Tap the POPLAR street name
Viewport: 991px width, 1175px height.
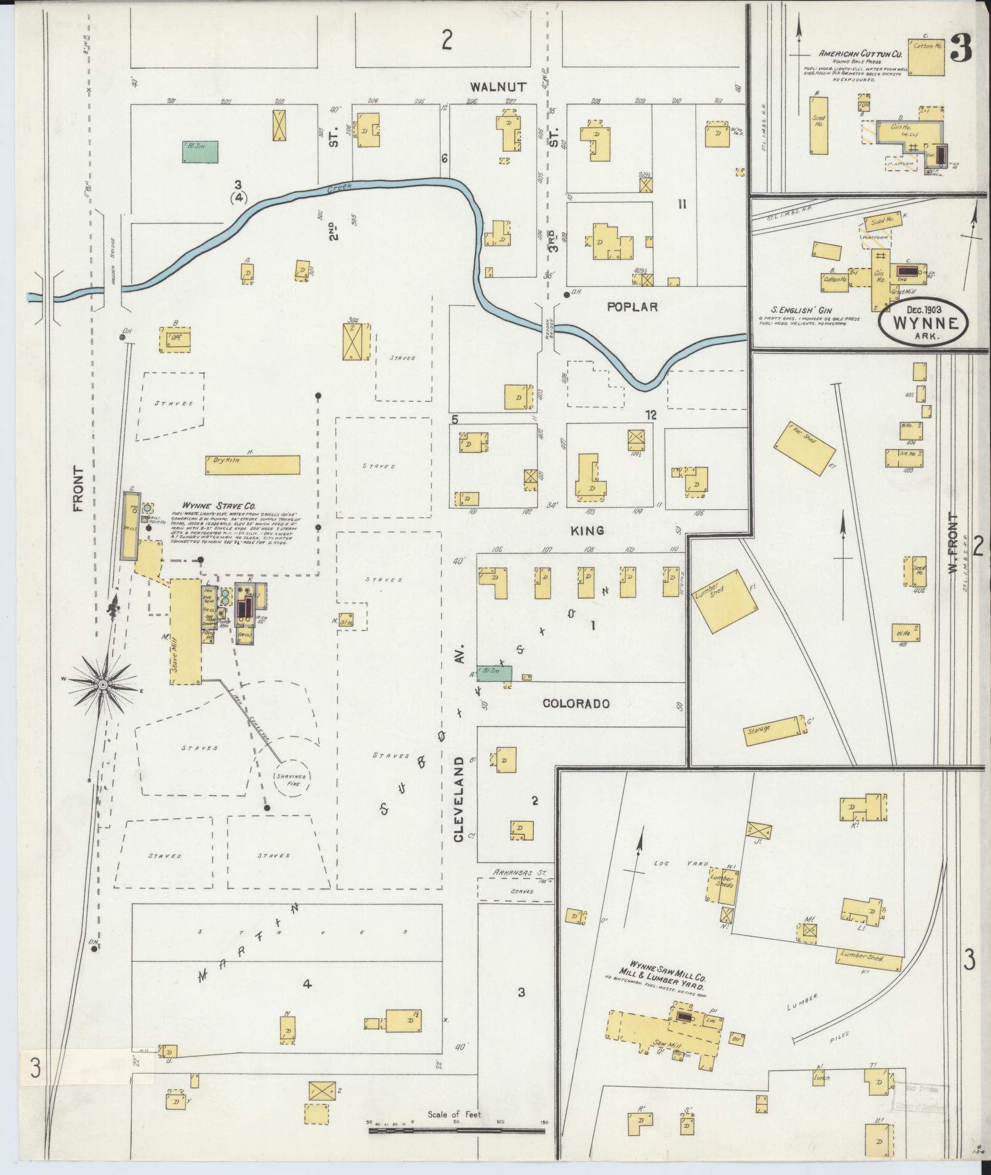pos(632,306)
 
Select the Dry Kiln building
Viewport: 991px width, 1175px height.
pos(253,465)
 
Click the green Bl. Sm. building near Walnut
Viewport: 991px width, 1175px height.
pos(200,152)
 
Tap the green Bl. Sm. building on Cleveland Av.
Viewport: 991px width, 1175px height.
pos(493,673)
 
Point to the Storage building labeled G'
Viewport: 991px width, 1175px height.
pos(773,730)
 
